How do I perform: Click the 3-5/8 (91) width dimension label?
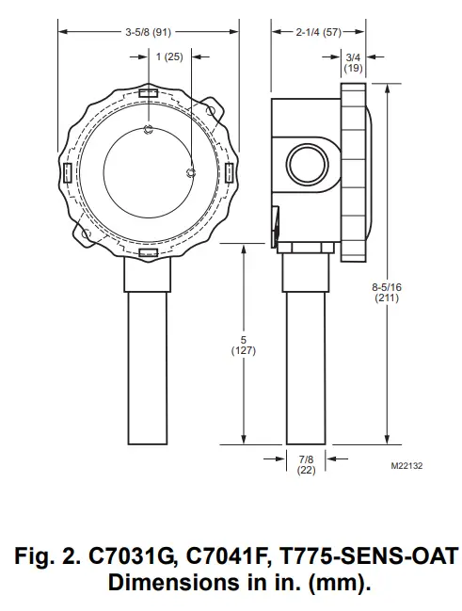click(x=149, y=31)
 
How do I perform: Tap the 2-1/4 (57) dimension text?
click(x=318, y=31)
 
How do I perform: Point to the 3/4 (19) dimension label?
click(x=353, y=62)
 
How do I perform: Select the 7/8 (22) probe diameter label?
click(x=306, y=464)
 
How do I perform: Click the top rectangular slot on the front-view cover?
click(x=149, y=93)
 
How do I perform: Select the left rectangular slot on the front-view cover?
click(x=68, y=172)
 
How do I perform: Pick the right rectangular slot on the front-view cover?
click(x=229, y=170)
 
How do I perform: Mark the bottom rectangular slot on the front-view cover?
click(x=149, y=253)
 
